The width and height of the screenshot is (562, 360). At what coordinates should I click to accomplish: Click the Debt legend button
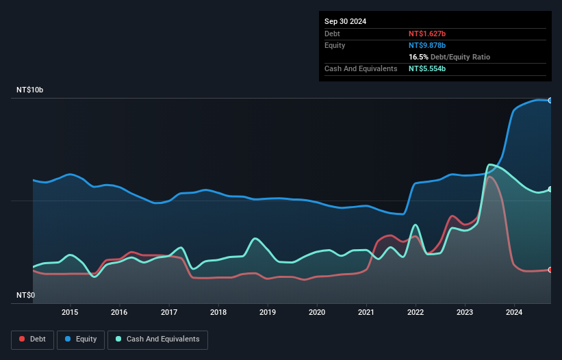pyautogui.click(x=33, y=339)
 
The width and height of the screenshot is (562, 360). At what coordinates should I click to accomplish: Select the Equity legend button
pyautogui.click(x=81, y=339)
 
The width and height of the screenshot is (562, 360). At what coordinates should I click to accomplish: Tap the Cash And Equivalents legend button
pyautogui.click(x=157, y=339)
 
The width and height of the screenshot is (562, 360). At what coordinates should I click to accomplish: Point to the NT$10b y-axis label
pyautogui.click(x=29, y=90)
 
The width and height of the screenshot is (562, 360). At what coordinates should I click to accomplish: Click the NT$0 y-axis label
pyautogui.click(x=25, y=295)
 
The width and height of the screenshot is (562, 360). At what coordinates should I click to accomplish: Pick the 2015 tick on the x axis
pyautogui.click(x=70, y=313)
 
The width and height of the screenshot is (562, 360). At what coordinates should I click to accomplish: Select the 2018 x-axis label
pyautogui.click(x=218, y=313)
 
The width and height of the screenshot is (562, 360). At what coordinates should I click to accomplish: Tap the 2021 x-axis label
pyautogui.click(x=366, y=313)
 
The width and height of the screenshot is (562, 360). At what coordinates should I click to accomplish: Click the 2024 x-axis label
pyautogui.click(x=515, y=313)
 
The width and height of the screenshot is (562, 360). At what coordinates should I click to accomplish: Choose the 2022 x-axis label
pyautogui.click(x=416, y=313)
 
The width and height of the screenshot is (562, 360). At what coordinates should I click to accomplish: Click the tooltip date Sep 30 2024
pyautogui.click(x=345, y=21)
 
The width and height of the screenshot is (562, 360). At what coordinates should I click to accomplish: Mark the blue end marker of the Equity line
pyautogui.click(x=550, y=101)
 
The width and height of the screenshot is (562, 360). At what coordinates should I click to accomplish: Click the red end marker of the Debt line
pyautogui.click(x=550, y=270)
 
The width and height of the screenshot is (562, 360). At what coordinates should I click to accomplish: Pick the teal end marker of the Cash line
pyautogui.click(x=550, y=190)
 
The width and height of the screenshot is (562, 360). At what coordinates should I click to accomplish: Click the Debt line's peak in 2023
pyautogui.click(x=489, y=177)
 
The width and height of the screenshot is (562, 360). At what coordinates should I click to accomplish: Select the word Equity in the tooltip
pyautogui.click(x=335, y=45)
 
